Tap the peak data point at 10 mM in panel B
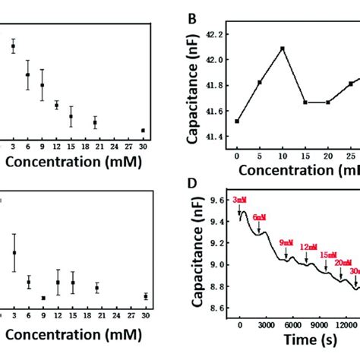pos(282,49)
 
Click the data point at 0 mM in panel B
pos(238,121)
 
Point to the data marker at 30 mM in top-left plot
pos(143,130)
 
